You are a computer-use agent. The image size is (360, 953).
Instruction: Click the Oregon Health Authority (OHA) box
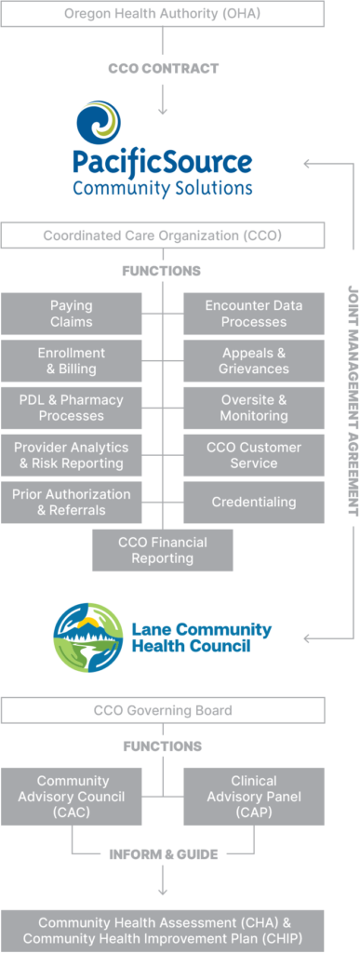(162, 13)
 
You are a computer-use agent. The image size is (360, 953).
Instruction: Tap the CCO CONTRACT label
(163, 68)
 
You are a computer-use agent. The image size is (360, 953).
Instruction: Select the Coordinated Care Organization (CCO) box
(162, 235)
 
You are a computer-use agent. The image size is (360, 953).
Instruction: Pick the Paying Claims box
(71, 314)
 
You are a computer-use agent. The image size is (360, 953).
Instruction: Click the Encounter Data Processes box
(254, 314)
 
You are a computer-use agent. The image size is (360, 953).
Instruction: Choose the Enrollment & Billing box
(71, 361)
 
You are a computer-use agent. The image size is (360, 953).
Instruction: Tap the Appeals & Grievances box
(254, 361)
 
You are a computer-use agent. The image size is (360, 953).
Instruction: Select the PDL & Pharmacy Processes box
(71, 408)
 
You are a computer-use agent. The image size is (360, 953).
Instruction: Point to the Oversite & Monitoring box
(254, 408)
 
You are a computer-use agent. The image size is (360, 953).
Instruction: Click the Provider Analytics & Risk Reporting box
(71, 455)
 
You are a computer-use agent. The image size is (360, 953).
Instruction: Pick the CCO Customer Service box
(254, 455)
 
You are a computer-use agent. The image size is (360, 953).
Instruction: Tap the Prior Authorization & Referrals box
(71, 502)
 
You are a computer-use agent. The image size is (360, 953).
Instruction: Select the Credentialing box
(254, 502)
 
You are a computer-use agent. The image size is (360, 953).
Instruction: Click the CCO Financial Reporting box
(163, 550)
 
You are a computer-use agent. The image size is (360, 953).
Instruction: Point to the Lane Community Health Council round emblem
(88, 638)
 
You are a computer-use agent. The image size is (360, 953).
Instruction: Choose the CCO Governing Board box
(162, 710)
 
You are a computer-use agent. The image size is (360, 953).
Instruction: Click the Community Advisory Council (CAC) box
(71, 797)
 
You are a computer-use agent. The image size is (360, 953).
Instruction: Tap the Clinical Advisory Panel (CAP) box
(254, 797)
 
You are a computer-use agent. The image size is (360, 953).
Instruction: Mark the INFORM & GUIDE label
(163, 853)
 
